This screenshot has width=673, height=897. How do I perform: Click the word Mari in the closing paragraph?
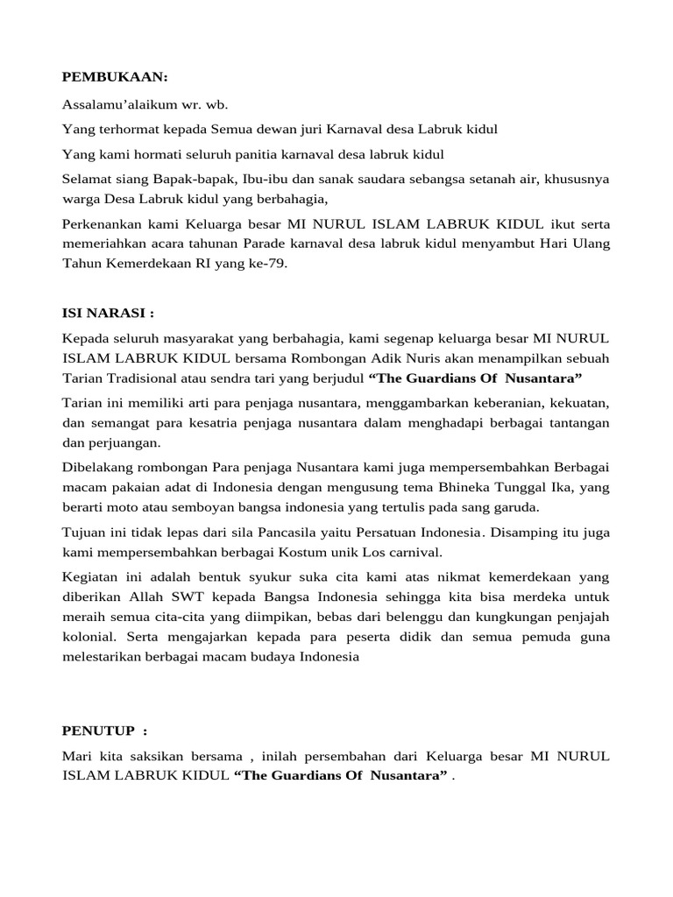pos(77,755)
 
